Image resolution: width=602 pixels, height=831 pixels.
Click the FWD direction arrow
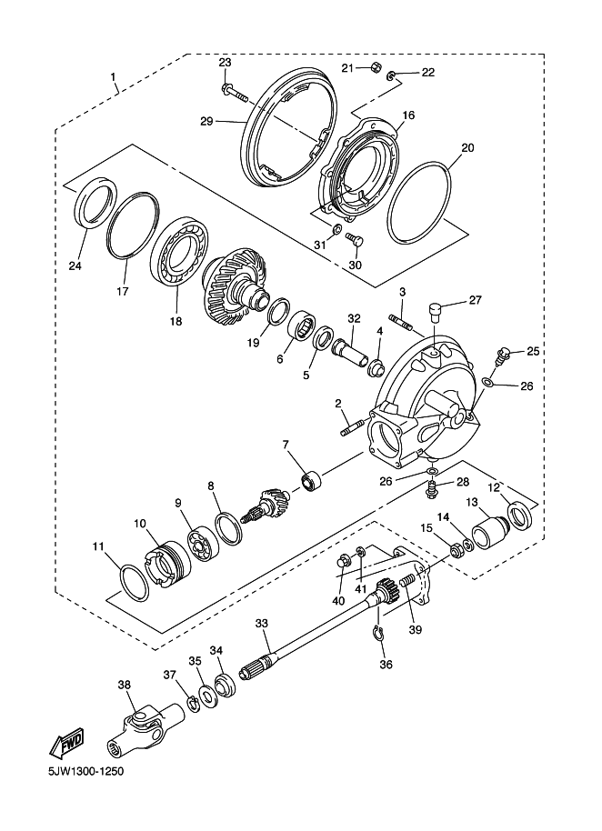(66, 741)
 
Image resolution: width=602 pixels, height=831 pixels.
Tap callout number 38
(124, 685)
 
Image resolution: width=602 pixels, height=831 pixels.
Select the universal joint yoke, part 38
(145, 726)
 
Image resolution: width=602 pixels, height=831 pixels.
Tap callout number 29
(206, 122)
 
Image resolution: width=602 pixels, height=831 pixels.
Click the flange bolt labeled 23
(232, 94)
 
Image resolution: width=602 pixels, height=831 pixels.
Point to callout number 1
(113, 77)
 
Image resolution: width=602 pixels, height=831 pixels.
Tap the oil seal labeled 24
(95, 203)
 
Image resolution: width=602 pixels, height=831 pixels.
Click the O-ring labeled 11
(135, 583)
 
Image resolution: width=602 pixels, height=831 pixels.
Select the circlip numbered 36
(377, 633)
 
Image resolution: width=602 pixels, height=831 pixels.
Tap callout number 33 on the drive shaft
(262, 623)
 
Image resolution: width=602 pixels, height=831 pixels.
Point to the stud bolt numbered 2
(352, 427)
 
